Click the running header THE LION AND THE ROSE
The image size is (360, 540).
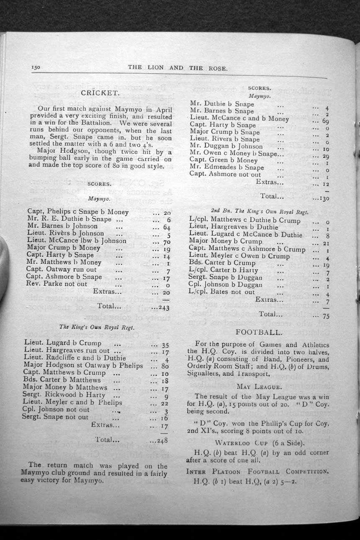[177, 67]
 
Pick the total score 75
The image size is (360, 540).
[326, 316]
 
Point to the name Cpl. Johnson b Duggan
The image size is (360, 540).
[225, 285]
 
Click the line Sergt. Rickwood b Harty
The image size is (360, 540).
[64, 395]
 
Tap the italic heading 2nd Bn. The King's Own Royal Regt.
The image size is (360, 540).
[259, 212]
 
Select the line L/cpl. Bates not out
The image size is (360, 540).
[221, 292]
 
